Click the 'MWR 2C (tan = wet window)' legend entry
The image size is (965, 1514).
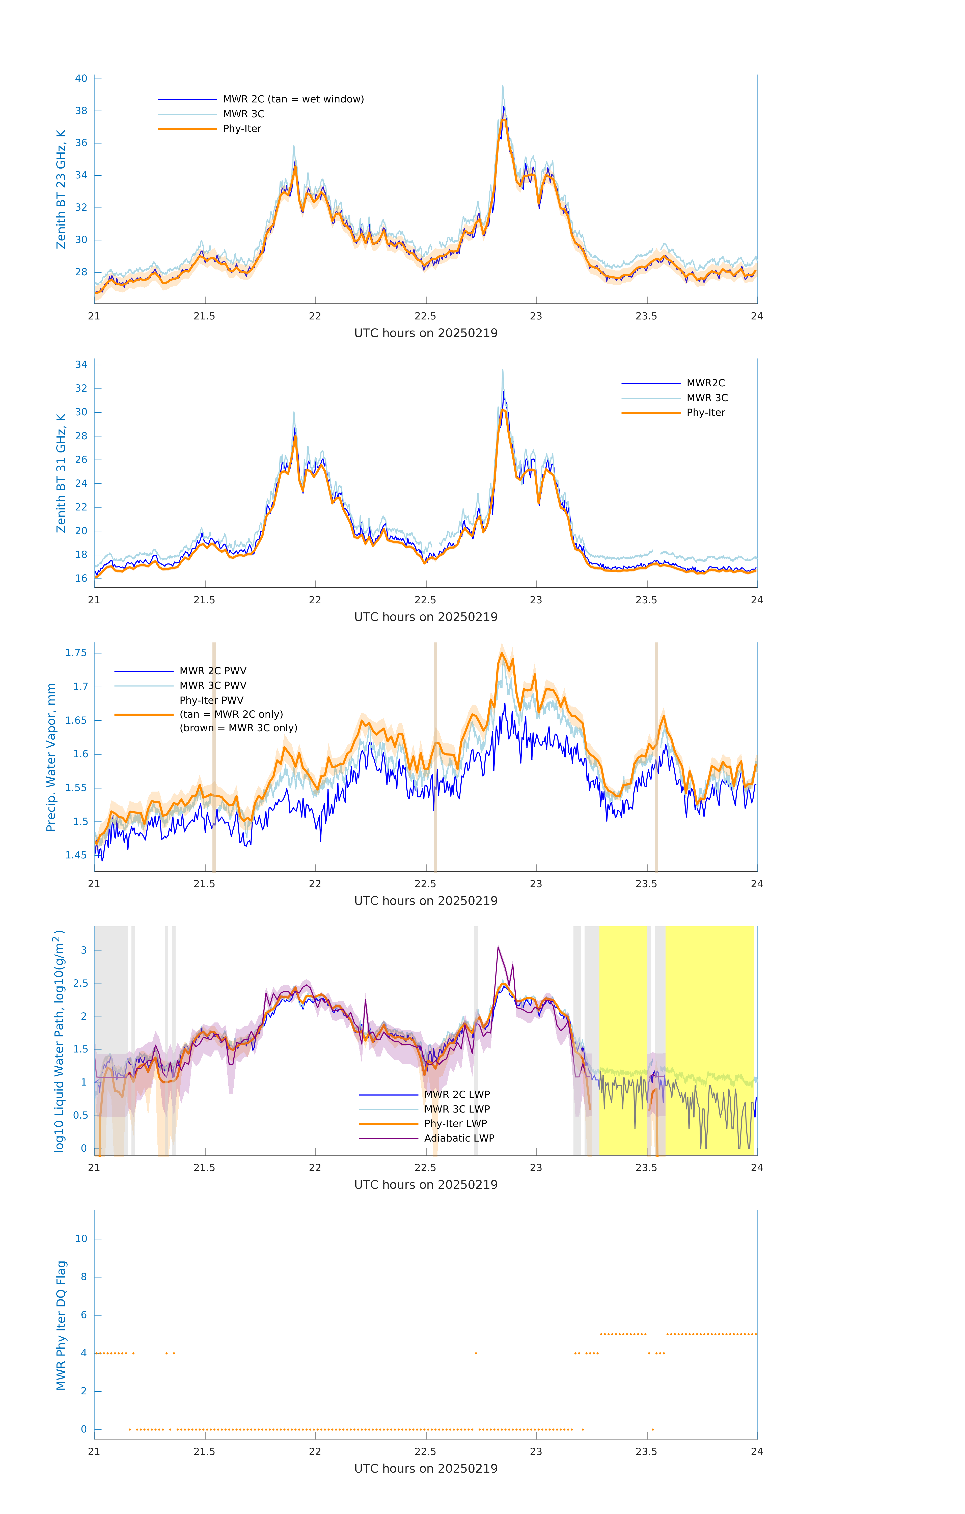pos(293,99)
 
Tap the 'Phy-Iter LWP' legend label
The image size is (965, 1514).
pos(455,1124)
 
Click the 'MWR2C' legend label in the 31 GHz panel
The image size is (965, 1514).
pos(705,383)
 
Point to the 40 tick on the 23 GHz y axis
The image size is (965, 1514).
pos(81,78)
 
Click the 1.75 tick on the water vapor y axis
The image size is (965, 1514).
pos(76,653)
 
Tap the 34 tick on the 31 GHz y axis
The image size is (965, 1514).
pos(81,365)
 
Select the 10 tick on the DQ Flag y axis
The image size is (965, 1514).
pos(81,1239)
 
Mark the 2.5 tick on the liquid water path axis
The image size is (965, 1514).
pos(80,983)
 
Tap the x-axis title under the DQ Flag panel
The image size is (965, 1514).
pos(426,1469)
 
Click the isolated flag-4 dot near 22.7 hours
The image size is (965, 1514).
pos(476,1353)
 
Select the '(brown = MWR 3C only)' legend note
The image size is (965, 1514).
pos(238,728)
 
